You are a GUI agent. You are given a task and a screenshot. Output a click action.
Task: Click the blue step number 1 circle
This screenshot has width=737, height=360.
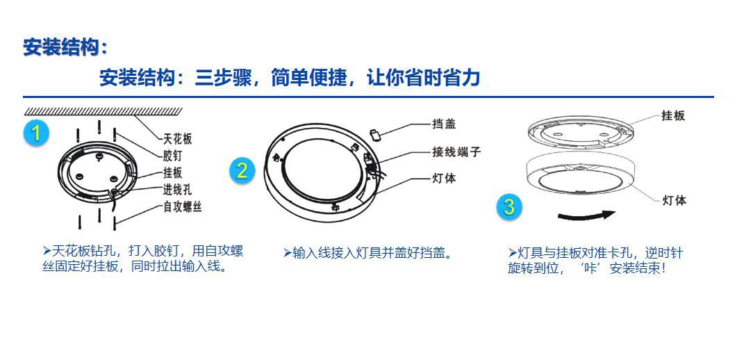click(35, 133)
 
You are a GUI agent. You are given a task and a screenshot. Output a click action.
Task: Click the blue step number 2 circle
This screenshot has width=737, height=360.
click(241, 170)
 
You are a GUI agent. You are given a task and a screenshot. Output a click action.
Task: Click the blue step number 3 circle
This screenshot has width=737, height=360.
click(509, 206)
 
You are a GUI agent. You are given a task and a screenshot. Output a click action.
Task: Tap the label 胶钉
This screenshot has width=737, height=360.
click(172, 156)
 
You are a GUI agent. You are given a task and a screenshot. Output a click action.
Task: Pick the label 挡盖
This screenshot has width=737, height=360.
click(444, 124)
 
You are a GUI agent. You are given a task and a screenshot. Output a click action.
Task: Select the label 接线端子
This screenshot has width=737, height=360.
click(456, 152)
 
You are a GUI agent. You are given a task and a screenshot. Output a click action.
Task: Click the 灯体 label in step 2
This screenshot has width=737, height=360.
click(444, 178)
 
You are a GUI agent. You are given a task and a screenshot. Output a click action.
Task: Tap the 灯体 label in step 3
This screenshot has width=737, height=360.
click(674, 201)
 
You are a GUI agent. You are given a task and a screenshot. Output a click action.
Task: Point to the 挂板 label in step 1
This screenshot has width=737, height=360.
click(172, 172)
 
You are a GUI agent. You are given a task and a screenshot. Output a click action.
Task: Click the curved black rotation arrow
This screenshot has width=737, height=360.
click(586, 215)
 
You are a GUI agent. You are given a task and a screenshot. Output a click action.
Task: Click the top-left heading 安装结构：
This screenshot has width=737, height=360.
click(66, 47)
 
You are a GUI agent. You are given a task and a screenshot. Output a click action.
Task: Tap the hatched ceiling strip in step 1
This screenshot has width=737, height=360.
click(103, 111)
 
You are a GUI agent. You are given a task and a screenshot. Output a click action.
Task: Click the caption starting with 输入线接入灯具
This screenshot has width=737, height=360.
click(369, 253)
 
